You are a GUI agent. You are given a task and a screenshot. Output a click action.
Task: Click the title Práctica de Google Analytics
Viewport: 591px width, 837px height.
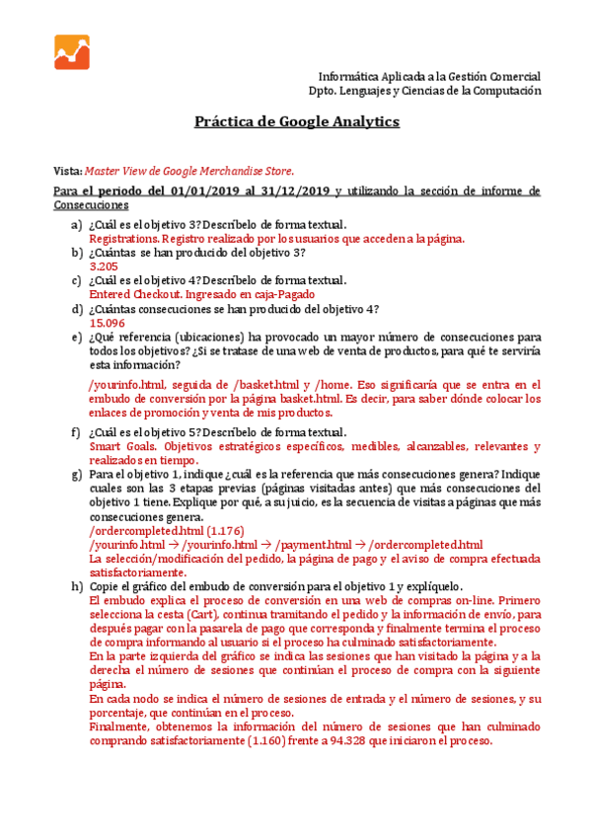[x=296, y=122]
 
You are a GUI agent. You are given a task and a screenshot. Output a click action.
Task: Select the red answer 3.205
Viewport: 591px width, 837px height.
[x=104, y=266]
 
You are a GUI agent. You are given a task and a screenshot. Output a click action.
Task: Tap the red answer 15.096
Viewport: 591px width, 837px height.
[x=107, y=323]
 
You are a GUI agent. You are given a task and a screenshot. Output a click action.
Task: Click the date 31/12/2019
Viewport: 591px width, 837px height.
[x=296, y=190]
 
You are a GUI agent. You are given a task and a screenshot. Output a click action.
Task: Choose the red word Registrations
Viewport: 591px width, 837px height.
[x=124, y=239]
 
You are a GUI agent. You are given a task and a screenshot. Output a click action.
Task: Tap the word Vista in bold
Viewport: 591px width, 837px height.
[x=68, y=170]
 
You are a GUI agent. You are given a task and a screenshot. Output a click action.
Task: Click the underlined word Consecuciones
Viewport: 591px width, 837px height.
[x=91, y=204]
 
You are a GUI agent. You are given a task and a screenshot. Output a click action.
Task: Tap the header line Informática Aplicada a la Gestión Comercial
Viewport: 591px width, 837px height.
[x=429, y=76]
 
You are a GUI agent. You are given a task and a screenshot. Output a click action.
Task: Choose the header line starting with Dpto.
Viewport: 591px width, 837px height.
[x=425, y=90]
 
